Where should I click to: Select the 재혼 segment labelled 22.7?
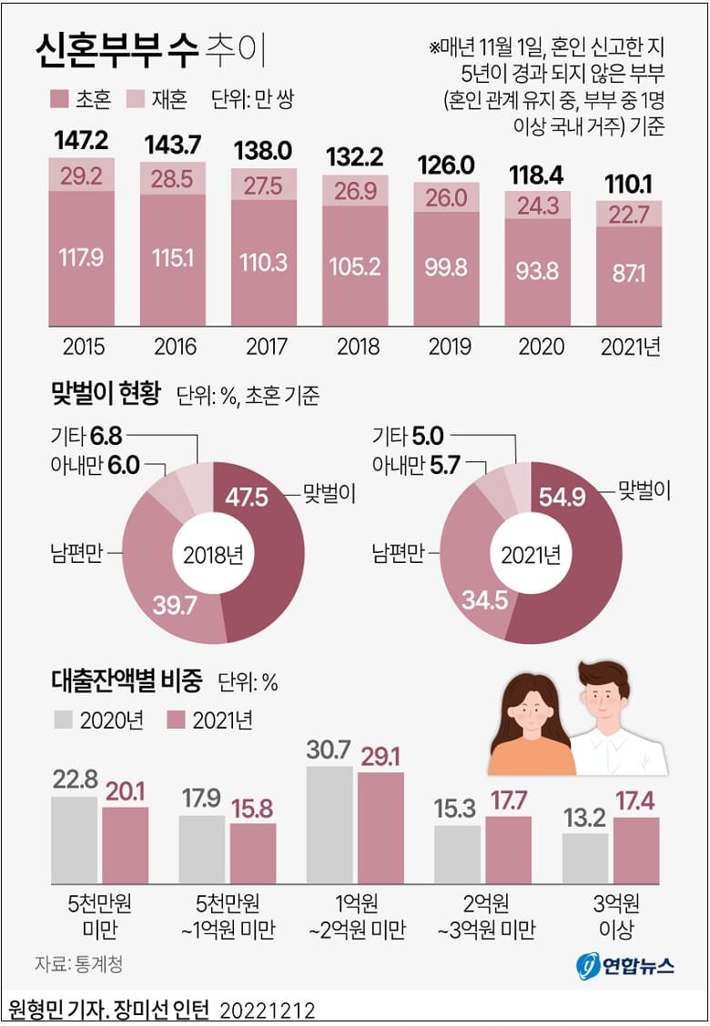pos(628,214)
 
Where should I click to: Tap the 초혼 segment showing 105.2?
pos(354,264)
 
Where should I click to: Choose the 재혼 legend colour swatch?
pos(135,98)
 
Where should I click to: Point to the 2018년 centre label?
pos(213,553)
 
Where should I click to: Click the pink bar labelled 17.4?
pos(636,851)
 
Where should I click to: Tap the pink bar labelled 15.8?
pos(253,854)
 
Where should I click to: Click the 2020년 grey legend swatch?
pos(63,719)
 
